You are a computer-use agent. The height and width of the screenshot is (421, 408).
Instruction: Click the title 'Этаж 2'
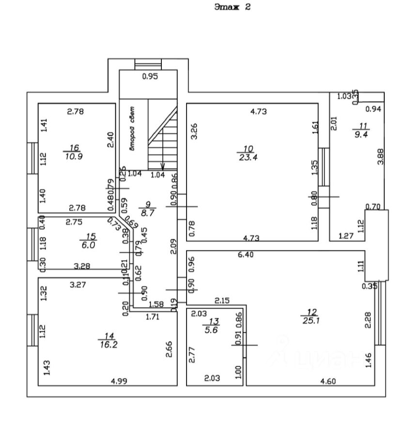[232, 7]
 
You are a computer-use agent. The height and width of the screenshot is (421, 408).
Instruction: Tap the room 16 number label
[74, 148]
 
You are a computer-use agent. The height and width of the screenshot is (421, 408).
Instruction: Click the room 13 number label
[214, 321]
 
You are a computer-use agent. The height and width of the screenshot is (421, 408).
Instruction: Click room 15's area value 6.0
[91, 245]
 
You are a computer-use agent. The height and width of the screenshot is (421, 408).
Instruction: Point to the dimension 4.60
[328, 381]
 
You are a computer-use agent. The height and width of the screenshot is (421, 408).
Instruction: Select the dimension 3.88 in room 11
[380, 156]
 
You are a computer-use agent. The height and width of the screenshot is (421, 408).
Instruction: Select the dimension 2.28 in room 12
[369, 321]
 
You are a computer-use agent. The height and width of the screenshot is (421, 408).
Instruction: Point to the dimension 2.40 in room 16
[110, 140]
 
